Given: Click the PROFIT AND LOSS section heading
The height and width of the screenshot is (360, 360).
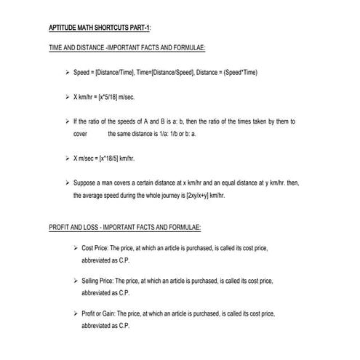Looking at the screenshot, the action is (x=129, y=227).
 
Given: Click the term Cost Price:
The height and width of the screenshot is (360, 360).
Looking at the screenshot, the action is (x=97, y=248).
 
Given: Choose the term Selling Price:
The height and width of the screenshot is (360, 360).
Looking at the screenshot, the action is (x=101, y=281).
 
